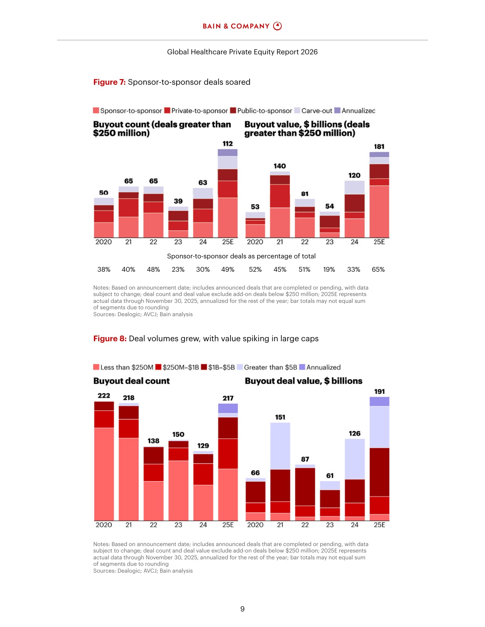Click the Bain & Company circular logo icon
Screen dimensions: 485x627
(x=277, y=26)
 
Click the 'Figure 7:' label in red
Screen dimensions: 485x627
(x=109, y=82)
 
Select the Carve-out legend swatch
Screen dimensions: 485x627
(x=297, y=111)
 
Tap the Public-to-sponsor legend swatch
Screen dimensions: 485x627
(x=233, y=111)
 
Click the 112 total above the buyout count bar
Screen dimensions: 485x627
(x=227, y=143)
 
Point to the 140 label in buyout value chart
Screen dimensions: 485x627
(x=280, y=166)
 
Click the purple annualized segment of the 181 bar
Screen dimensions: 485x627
(x=379, y=154)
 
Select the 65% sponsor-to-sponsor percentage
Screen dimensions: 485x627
(x=378, y=269)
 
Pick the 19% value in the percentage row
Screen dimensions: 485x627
(x=329, y=269)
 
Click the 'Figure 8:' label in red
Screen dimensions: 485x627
(x=110, y=339)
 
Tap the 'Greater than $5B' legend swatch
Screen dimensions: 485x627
(x=240, y=367)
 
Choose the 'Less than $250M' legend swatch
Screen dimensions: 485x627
(x=96, y=367)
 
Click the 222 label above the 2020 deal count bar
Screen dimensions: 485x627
(x=104, y=396)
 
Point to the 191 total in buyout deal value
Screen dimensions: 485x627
(x=379, y=391)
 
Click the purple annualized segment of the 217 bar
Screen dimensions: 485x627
(x=228, y=408)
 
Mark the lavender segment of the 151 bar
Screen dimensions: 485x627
(x=280, y=446)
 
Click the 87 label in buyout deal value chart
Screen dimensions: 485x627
(x=305, y=459)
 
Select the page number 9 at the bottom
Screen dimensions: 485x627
(x=242, y=609)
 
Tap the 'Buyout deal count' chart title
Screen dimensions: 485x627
(x=132, y=381)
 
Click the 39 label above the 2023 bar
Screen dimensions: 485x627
(x=178, y=201)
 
